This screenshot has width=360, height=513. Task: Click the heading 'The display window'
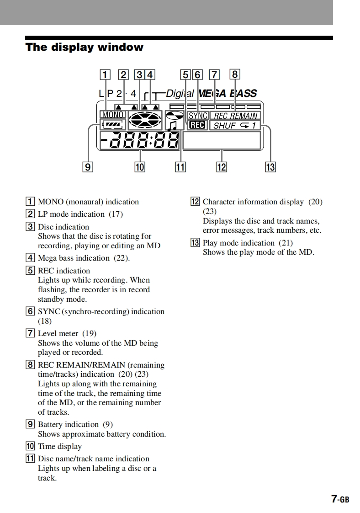click(85, 47)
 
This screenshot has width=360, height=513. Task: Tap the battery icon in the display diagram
click(111, 124)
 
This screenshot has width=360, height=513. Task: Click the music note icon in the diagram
click(172, 125)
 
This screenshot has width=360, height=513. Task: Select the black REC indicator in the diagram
click(198, 125)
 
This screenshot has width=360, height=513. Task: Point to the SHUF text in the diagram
click(225, 125)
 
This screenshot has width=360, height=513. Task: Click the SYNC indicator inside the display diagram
click(198, 116)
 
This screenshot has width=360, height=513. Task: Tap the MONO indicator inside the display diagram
click(112, 115)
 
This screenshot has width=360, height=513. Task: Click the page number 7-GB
click(340, 499)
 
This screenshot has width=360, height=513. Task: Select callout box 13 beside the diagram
click(270, 167)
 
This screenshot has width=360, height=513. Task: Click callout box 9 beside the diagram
click(87, 167)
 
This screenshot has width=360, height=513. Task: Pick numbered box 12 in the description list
click(195, 202)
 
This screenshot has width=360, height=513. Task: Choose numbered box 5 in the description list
click(30, 271)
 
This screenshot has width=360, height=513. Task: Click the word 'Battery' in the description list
click(51, 424)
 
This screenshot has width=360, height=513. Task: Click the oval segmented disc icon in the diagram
click(145, 121)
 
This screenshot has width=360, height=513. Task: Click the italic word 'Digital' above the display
click(180, 94)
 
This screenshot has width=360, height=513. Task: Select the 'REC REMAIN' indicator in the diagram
click(235, 116)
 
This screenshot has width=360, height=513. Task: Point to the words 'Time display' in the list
click(59, 446)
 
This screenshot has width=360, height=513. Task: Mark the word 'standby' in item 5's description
click(53, 299)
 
